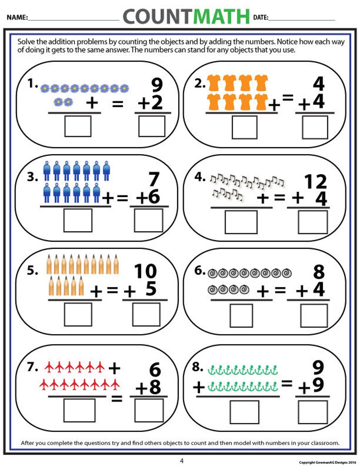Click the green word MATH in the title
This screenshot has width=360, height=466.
[222, 17]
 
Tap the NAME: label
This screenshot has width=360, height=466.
[17, 18]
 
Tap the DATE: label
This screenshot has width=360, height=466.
[261, 18]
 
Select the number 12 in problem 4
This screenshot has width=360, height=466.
[316, 182]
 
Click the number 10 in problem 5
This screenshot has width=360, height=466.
[145, 272]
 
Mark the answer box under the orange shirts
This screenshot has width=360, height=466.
[244, 127]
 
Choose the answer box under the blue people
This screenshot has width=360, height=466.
[78, 220]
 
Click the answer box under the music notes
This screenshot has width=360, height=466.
[241, 222]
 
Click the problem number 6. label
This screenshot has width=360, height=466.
[200, 271]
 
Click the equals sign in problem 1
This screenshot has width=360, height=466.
[118, 104]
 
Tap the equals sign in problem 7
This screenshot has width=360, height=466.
[117, 399]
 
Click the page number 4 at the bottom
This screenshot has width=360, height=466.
[182, 461]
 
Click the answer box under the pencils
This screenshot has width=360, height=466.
[78, 314]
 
